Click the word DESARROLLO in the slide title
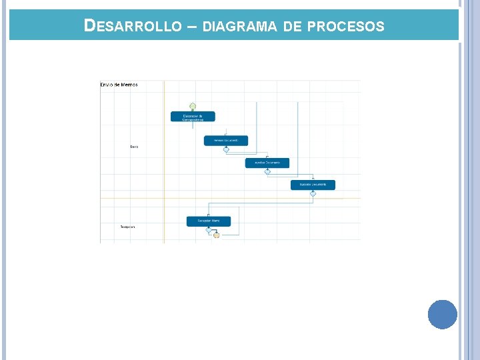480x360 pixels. click(133, 26)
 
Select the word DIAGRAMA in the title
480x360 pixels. click(239, 27)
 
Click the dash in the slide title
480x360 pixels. click(191, 27)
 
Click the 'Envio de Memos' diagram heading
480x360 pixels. click(119, 85)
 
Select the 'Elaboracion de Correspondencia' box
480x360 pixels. click(193, 117)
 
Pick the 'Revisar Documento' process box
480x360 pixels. click(226, 141)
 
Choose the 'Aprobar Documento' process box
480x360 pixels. click(267, 163)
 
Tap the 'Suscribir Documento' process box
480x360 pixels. click(313, 185)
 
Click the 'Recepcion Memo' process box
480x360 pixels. click(209, 221)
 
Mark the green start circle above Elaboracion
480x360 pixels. click(193, 106)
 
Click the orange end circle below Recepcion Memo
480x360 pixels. click(217, 235)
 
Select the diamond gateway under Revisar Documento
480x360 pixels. click(226, 149)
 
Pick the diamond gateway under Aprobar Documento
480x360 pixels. click(267, 171)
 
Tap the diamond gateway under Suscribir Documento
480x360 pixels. click(313, 193)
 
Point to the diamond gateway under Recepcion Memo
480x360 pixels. click(209, 229)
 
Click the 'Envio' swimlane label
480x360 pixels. click(134, 147)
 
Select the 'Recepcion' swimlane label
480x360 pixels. click(127, 227)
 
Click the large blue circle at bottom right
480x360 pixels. click(443, 314)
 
